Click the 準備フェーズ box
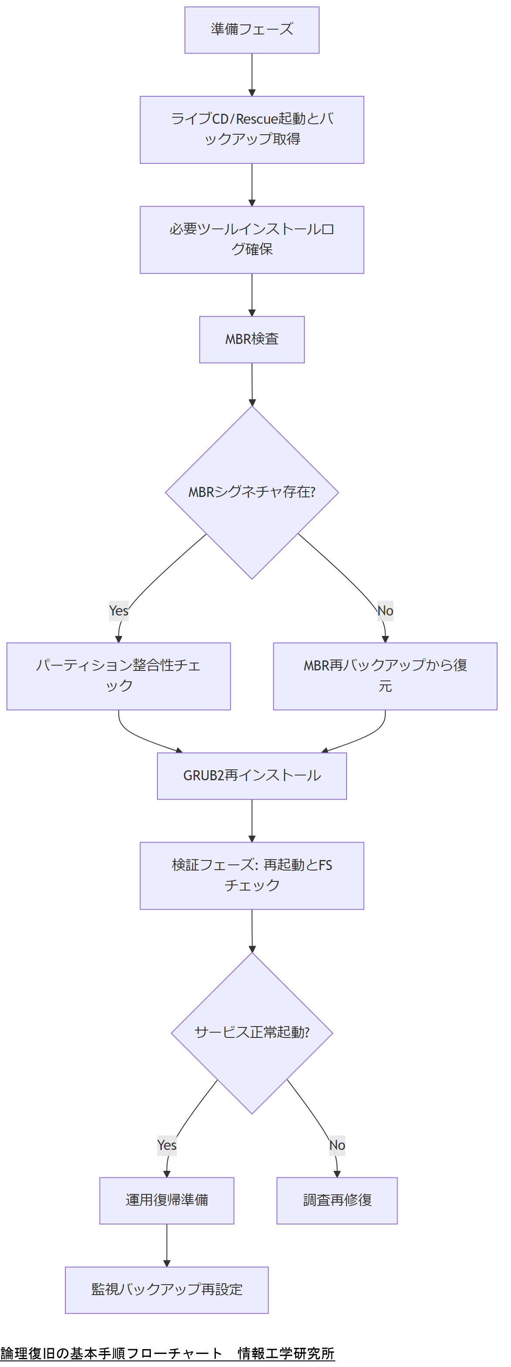(x=252, y=30)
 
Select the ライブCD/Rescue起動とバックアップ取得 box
(x=252, y=129)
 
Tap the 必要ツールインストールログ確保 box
(x=252, y=239)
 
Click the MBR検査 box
(x=252, y=339)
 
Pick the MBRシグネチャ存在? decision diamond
(x=252, y=492)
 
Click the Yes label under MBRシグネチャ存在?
(x=118, y=611)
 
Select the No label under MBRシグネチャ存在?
(x=385, y=611)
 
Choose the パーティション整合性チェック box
(x=118, y=676)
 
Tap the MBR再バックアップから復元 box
(x=385, y=676)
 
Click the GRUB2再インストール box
(x=252, y=776)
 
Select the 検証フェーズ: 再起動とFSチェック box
(x=252, y=876)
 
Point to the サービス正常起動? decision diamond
(x=252, y=1033)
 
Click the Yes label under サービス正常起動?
(x=167, y=1145)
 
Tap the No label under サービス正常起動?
(x=337, y=1145)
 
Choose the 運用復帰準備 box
(x=167, y=1200)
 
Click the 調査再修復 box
(x=337, y=1200)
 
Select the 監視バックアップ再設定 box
(x=167, y=1289)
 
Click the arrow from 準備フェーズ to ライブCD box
(x=252, y=74)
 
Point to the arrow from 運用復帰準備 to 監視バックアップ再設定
(x=167, y=1245)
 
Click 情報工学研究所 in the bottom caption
(x=286, y=1353)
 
